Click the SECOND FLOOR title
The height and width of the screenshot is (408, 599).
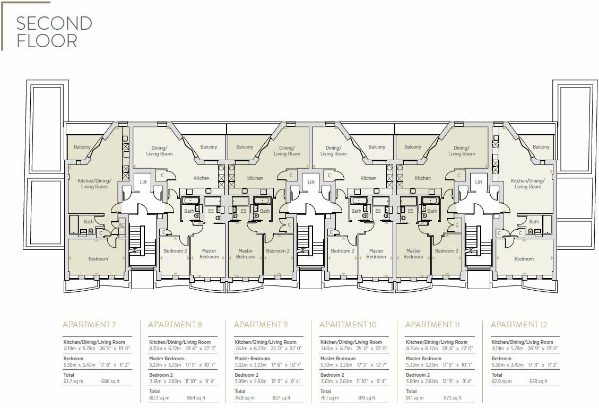tap(54, 32)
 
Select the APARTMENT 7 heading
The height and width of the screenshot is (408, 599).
tap(89, 325)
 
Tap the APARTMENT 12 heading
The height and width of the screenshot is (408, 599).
tap(518, 325)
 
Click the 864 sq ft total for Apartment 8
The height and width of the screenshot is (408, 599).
tap(196, 398)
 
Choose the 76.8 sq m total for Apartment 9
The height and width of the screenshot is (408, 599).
tap(245, 398)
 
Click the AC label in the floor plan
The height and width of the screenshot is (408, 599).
tap(121, 224)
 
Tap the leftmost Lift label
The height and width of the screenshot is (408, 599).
tap(143, 183)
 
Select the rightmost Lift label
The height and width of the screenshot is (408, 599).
tap(479, 183)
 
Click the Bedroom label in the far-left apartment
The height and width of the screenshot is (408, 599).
tap(98, 259)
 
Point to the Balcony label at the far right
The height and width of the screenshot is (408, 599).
tap(541, 147)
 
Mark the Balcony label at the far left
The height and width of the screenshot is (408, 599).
tap(82, 147)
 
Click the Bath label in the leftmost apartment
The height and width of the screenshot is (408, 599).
tap(88, 222)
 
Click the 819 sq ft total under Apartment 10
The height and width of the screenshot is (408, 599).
tap(367, 398)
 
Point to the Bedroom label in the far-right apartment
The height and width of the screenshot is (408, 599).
tap(524, 259)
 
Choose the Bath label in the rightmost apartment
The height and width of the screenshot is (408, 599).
tap(534, 222)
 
